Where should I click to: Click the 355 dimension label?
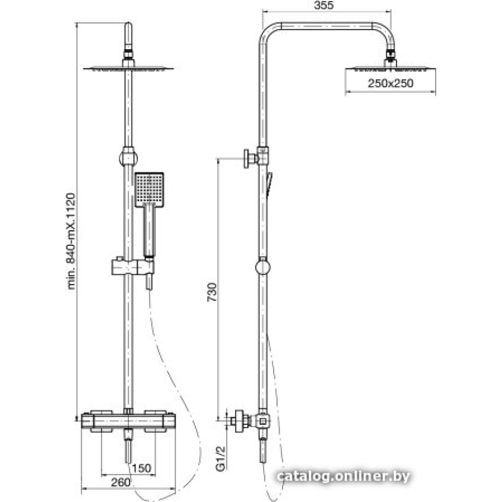pos(324,5)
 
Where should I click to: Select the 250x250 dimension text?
pos(391,83)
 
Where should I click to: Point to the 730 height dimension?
pos(212,292)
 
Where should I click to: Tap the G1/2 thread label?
pos(221,458)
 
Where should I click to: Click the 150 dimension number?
pos(141,468)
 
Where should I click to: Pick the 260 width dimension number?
pos(120,482)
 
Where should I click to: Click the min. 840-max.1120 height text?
pos(71,241)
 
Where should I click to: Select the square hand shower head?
pos(149,189)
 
